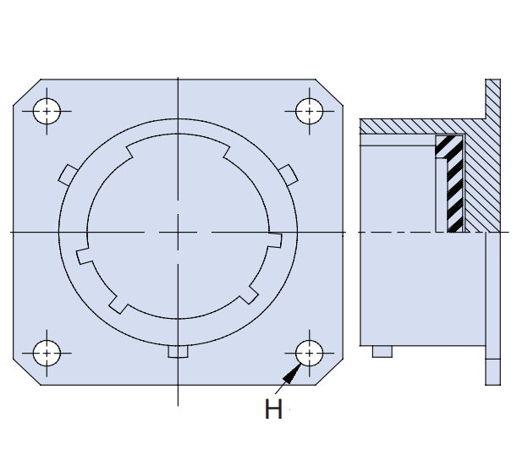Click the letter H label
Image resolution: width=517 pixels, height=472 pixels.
(273, 409)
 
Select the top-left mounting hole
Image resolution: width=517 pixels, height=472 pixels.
(47, 112)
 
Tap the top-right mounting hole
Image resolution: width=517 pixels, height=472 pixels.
(310, 112)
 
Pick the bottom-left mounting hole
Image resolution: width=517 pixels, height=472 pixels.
(47, 353)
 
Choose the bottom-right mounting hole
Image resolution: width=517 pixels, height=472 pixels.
(310, 353)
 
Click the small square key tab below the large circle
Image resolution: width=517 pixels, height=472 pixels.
(178, 351)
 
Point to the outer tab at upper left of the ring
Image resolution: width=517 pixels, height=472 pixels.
(68, 174)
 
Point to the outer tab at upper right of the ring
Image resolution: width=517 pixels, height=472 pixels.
(289, 175)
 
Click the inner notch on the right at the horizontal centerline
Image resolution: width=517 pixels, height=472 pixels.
(275, 240)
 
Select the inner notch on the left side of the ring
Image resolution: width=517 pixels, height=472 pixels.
(85, 255)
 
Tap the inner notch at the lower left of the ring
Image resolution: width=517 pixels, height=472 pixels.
(118, 305)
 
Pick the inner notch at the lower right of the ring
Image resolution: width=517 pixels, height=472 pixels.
(250, 294)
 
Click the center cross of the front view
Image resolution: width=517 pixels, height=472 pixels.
(178, 233)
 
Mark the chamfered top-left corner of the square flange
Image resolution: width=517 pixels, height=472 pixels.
(27, 92)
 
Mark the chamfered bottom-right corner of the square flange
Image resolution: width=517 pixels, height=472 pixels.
(329, 371)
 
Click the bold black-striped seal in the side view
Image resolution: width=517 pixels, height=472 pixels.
(451, 184)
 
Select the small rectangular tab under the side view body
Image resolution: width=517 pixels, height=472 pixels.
(382, 351)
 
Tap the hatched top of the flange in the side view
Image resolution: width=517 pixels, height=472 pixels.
(493, 99)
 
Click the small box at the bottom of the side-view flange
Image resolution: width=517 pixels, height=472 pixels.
(493, 372)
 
